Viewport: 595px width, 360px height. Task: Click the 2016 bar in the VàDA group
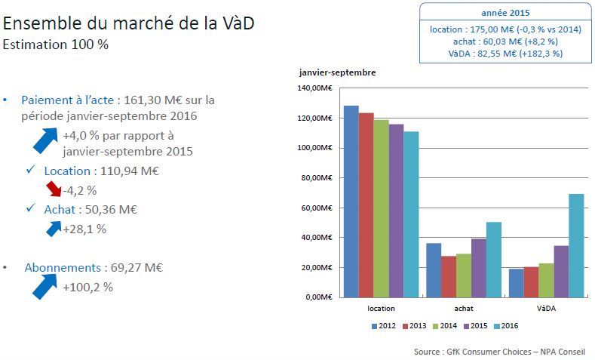tap(576, 245)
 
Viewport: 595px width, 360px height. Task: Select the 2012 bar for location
tap(351, 201)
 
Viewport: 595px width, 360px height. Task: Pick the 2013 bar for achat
tap(449, 276)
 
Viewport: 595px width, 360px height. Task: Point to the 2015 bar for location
tap(396, 210)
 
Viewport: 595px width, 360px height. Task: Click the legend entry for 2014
tap(444, 326)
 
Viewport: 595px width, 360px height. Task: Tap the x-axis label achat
tap(464, 308)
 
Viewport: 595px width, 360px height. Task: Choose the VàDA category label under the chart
tap(546, 308)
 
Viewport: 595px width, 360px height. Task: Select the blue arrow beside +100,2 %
tap(46, 285)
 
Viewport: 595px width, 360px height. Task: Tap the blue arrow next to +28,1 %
tap(53, 226)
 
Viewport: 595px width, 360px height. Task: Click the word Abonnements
tap(63, 268)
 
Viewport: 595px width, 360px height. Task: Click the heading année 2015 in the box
tap(505, 13)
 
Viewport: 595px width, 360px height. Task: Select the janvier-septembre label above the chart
tap(337, 72)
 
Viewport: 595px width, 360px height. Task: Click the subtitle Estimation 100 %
tap(56, 44)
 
